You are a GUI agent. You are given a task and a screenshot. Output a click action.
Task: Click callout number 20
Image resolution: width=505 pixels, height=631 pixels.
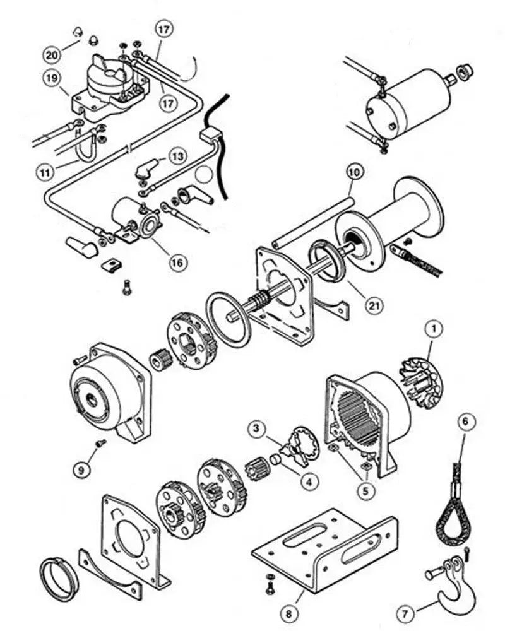click(x=52, y=54)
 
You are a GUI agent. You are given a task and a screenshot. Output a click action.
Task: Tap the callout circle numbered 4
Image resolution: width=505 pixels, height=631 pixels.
click(x=308, y=481)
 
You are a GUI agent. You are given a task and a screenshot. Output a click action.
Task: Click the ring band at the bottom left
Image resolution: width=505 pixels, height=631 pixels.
click(x=60, y=577)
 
